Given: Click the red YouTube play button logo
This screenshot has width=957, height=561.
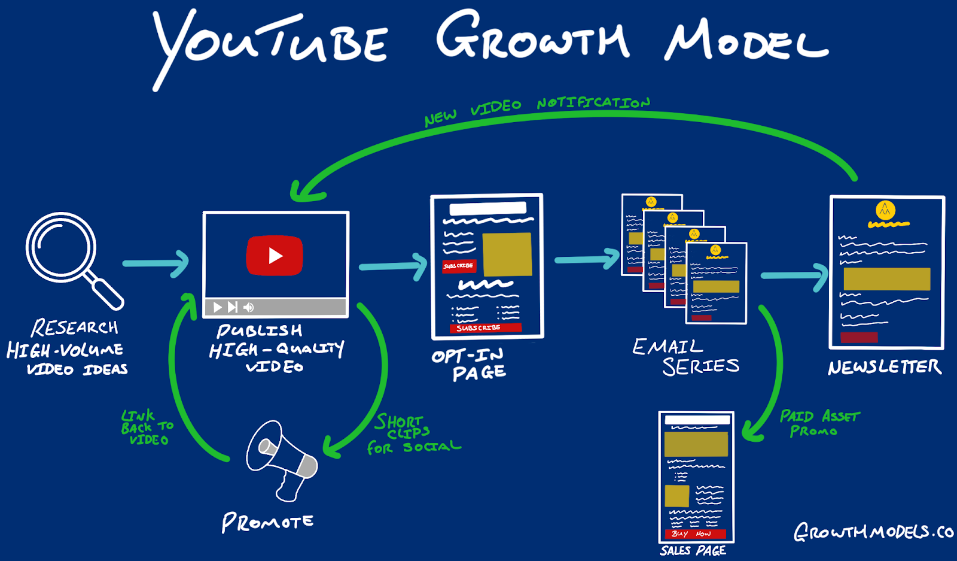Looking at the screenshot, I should click(x=275, y=256).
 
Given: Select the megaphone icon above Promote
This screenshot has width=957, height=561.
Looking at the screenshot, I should click(x=281, y=459).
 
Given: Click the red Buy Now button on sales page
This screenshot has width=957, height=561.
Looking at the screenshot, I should click(x=695, y=533).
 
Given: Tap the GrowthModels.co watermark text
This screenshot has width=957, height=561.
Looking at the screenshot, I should click(x=873, y=532).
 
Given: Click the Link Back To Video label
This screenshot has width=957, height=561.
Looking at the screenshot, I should click(x=147, y=427).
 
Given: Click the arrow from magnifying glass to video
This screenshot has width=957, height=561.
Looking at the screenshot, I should click(x=156, y=263).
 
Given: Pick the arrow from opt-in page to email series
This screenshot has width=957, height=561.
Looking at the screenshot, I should click(x=587, y=259).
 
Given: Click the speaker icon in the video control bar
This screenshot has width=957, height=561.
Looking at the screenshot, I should click(x=249, y=307).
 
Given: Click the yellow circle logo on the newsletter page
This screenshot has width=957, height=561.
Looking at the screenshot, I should click(x=885, y=210).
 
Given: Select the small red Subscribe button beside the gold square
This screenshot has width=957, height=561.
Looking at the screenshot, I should click(x=459, y=266).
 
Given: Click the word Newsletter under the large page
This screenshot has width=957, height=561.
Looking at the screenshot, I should click(x=885, y=367).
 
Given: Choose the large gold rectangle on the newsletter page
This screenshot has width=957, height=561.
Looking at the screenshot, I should click(x=886, y=279).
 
